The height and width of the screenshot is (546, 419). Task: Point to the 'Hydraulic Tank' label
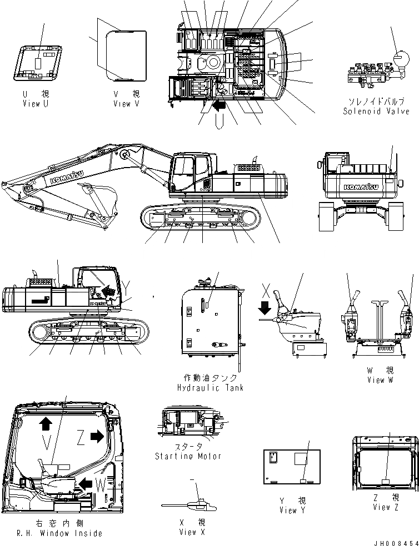pyautogui.click(x=210, y=388)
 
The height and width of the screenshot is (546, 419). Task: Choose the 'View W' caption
pyautogui.click(x=380, y=380)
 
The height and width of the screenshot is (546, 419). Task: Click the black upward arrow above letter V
pyautogui.click(x=46, y=424)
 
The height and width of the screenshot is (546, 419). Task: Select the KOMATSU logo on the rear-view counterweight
pyautogui.click(x=360, y=186)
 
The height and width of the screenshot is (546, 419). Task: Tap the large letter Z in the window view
pyautogui.click(x=81, y=438)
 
